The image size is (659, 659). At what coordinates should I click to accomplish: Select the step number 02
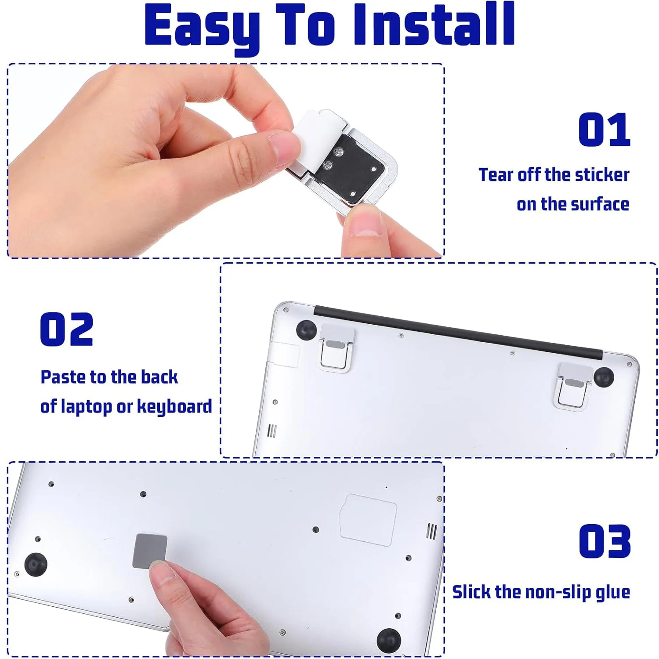(66, 329)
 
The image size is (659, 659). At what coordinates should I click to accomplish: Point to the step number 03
(605, 541)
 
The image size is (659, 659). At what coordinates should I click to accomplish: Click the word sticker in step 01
(602, 175)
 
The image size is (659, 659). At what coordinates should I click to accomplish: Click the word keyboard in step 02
(174, 406)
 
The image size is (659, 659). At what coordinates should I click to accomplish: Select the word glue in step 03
(613, 593)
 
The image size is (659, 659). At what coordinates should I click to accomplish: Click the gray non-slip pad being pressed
(150, 551)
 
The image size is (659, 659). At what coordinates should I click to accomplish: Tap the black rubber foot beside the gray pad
(36, 565)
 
